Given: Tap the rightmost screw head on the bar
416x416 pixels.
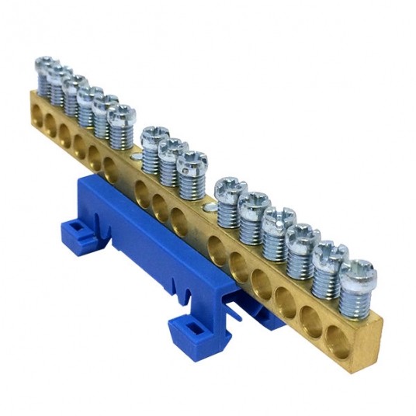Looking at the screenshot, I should (x=358, y=269).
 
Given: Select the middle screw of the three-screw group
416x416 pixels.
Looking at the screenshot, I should (x=172, y=147).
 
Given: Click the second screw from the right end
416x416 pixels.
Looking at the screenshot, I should (x=331, y=251).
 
